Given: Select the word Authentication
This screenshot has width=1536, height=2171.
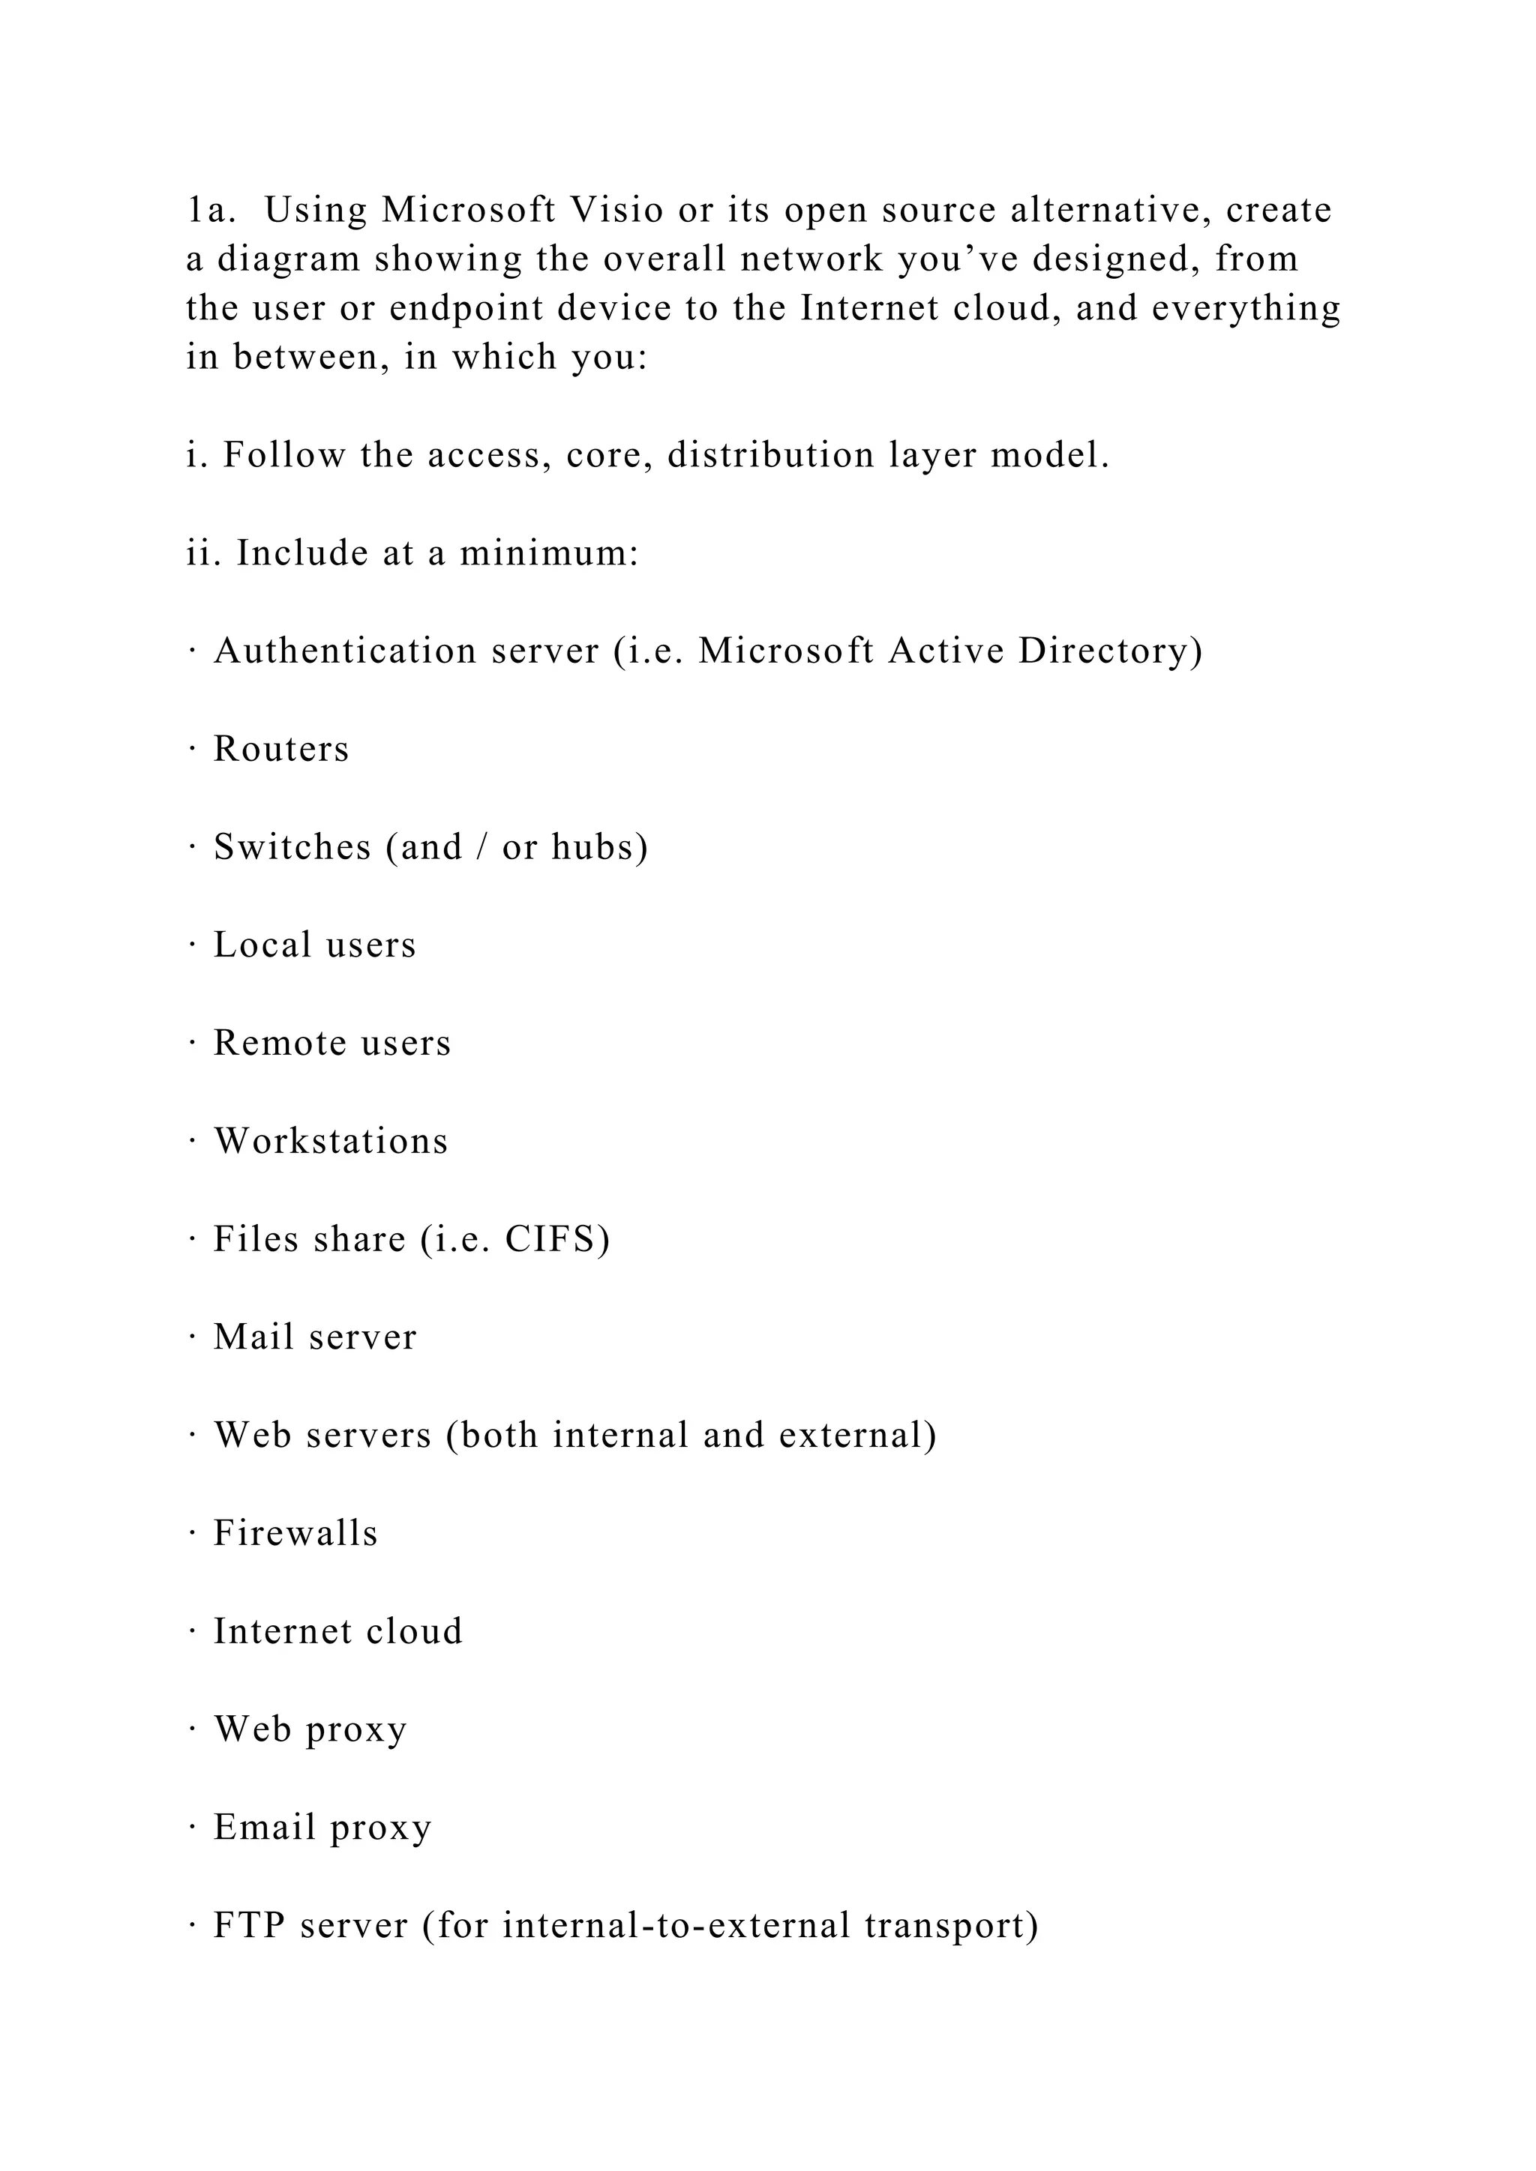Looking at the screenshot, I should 345,651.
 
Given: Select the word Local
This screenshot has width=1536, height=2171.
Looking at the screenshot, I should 262,945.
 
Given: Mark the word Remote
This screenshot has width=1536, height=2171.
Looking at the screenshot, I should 281,1043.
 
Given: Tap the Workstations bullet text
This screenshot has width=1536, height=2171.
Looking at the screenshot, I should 331,1140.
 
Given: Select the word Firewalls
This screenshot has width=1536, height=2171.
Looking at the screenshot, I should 295,1533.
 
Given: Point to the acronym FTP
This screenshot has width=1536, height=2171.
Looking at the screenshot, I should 249,1925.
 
